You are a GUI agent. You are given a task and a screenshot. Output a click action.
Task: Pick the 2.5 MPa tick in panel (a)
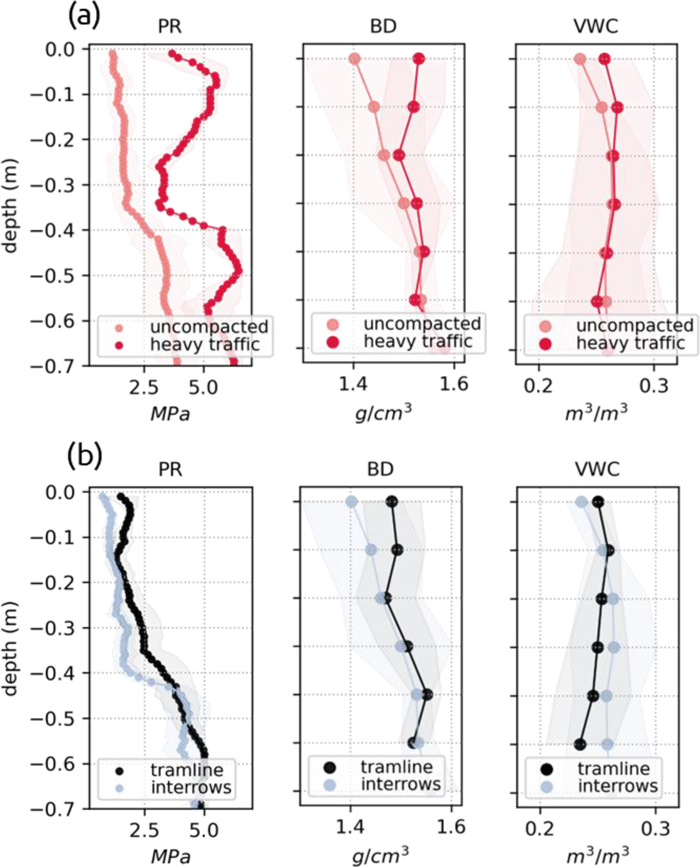coord(144,387)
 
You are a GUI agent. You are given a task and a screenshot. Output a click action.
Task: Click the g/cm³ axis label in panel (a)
coord(383,413)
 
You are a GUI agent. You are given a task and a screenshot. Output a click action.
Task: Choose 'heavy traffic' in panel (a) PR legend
coord(205,345)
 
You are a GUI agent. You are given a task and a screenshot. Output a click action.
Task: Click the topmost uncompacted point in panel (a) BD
coord(354,59)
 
